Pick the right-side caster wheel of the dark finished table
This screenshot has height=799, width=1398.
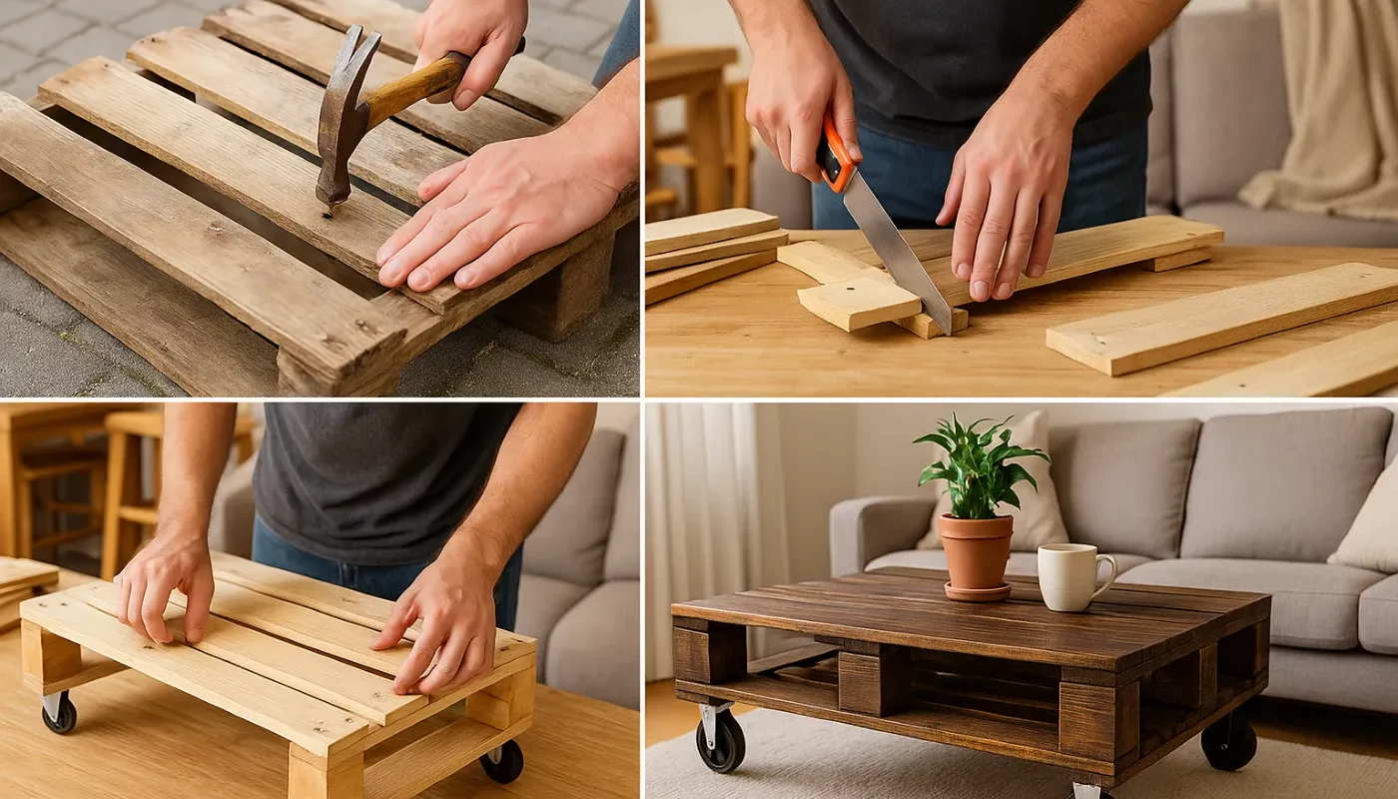1228,743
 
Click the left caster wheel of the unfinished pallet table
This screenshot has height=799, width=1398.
59,713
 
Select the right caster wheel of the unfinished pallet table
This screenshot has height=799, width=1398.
502,762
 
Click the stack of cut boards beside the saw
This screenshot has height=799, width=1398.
711,245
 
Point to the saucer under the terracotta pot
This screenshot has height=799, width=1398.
976,592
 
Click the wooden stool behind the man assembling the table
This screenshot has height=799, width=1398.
130,479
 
